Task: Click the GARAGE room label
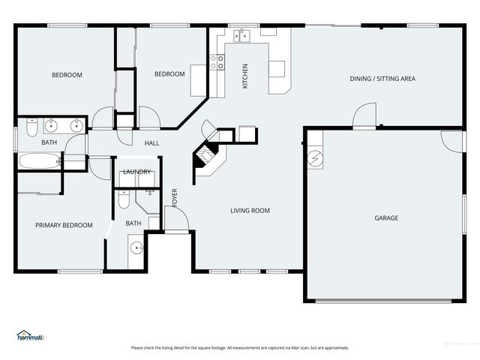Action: click(x=386, y=218)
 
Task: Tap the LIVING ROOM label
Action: click(x=250, y=211)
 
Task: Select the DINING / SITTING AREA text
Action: click(x=382, y=79)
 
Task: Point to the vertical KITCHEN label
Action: click(x=245, y=76)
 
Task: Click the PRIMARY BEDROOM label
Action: click(x=64, y=225)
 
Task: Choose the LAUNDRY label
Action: click(x=136, y=172)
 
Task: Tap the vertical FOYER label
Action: click(x=175, y=196)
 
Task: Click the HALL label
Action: click(x=151, y=142)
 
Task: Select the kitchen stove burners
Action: click(x=217, y=62)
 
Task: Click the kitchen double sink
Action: click(x=241, y=34)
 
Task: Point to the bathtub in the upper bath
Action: click(x=38, y=160)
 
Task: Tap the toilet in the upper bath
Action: click(x=31, y=127)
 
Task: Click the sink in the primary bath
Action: click(x=136, y=248)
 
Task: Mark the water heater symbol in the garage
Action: click(x=316, y=159)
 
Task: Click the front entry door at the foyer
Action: click(x=176, y=224)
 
